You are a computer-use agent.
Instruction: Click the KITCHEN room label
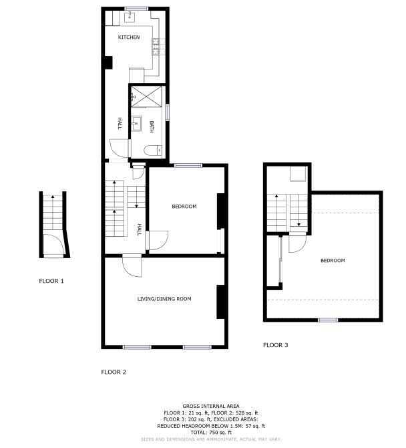click(129, 37)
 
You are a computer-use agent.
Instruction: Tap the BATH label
click(152, 126)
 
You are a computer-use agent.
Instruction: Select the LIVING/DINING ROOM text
click(164, 299)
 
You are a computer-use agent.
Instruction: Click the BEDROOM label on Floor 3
click(333, 260)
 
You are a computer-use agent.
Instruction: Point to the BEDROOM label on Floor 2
click(184, 207)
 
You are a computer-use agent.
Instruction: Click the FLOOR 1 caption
click(51, 281)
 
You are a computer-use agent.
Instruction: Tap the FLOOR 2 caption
click(114, 372)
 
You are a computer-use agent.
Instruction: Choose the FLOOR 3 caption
click(276, 345)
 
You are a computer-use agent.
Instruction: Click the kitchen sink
click(130, 17)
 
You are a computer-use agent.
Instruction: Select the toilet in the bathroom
click(153, 150)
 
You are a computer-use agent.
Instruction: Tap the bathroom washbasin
click(136, 124)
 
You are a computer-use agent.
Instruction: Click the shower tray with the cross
click(146, 96)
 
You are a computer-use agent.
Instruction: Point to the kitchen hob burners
click(156, 47)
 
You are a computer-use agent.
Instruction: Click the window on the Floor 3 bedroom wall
click(328, 320)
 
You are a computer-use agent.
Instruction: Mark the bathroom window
click(168, 112)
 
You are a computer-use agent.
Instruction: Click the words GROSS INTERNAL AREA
click(211, 406)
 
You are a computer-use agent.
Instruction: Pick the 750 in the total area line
click(214, 432)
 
